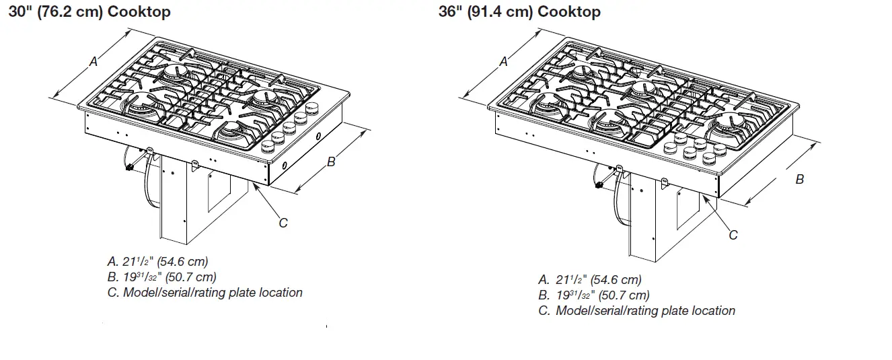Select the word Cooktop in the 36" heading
coord(568,11)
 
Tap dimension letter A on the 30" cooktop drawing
coord(94,62)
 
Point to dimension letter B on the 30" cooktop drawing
coord(331,161)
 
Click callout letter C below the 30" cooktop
coord(283,223)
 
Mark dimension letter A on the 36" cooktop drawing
coord(503,62)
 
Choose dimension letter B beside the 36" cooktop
coord(799,180)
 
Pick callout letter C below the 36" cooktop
coord(733,235)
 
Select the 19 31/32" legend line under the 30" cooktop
coord(161,277)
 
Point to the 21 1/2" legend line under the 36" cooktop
coord(589,280)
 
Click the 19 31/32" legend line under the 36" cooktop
coord(593,295)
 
